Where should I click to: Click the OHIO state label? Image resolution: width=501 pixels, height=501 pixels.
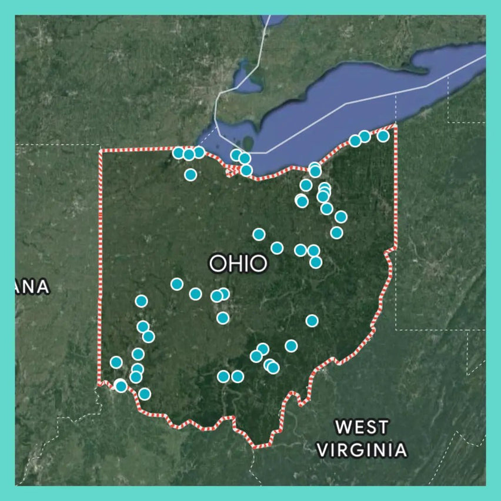[238, 263]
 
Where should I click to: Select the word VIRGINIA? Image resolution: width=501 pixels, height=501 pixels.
[362, 450]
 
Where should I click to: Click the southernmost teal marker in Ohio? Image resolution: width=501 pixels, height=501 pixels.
[144, 394]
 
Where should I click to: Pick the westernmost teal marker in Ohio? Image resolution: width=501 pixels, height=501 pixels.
[116, 362]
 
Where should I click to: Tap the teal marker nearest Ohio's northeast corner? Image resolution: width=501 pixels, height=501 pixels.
[383, 136]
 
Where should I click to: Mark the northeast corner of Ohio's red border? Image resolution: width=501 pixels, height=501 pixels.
[395, 125]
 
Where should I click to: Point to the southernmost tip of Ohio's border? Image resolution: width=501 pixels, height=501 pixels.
[256, 447]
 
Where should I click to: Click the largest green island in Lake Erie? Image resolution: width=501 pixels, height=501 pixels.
[248, 143]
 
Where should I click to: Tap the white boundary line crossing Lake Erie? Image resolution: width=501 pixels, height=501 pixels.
[347, 103]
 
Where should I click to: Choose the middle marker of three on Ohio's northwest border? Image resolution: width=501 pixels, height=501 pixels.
[188, 154]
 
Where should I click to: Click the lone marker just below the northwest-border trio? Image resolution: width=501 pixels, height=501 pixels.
[190, 174]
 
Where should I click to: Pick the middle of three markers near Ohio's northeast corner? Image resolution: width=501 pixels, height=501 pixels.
[365, 136]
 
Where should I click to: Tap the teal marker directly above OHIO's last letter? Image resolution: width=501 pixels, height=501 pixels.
[259, 234]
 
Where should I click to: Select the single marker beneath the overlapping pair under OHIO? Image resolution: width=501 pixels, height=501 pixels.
[222, 318]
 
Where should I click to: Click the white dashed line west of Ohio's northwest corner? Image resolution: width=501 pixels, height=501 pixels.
[59, 144]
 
